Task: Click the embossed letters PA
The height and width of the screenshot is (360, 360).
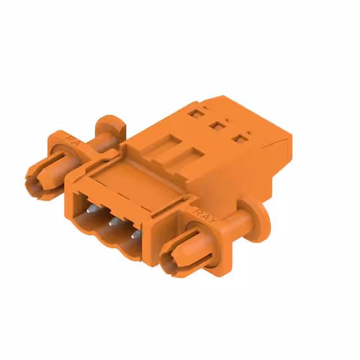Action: tap(73, 138)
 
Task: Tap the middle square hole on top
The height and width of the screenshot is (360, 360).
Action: tap(214, 125)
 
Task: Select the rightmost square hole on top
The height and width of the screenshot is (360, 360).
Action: tap(242, 137)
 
